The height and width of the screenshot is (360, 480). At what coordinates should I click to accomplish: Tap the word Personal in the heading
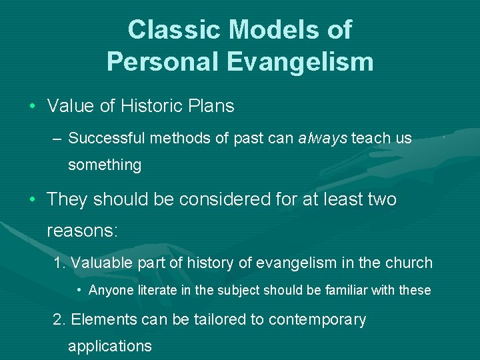coord(158,62)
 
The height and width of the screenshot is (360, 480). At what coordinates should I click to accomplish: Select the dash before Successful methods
coord(57,139)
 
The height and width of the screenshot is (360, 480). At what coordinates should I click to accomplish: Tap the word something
coord(105,165)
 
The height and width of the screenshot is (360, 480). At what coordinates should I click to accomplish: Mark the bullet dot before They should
coord(32,200)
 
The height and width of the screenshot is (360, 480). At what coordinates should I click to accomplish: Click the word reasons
coord(82,231)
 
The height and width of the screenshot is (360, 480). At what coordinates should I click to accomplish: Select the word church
coord(408,263)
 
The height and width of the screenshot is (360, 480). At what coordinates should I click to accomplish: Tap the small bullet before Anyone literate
coord(79,291)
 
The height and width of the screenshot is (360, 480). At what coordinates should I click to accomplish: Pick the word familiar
coord(349,291)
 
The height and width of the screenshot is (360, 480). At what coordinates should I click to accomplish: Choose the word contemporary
coord(317,320)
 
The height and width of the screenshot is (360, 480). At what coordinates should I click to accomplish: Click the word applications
coord(110,346)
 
